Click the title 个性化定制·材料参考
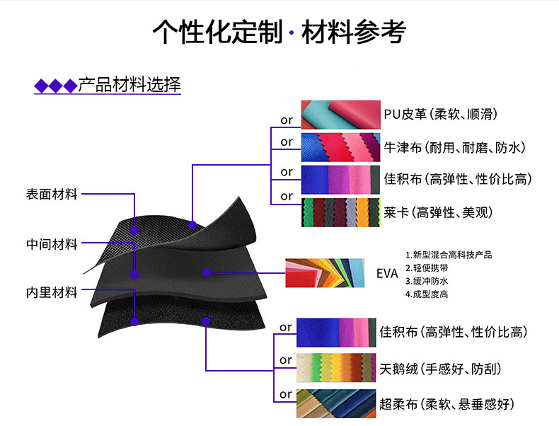pyautogui.click(x=279, y=33)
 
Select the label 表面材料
pyautogui.click(x=52, y=195)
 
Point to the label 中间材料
pyautogui.click(x=52, y=244)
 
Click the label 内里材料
pyautogui.click(x=52, y=292)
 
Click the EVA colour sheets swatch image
pyautogui.click(x=325, y=273)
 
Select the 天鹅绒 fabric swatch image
pyautogui.click(x=336, y=368)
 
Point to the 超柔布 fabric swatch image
pyautogui.click(x=336, y=404)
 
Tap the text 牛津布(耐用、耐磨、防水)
pyautogui.click(x=454, y=148)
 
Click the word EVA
pyautogui.click(x=387, y=274)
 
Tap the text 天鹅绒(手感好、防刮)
pyautogui.click(x=442, y=369)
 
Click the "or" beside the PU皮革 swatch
pyautogui.click(x=286, y=120)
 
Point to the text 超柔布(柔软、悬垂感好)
pyautogui.click(x=446, y=404)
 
